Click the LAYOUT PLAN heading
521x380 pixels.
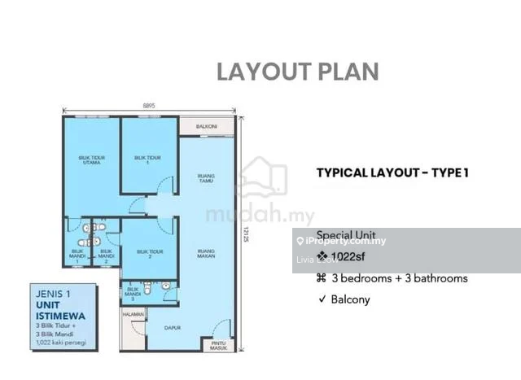298,71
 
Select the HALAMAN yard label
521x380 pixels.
133,312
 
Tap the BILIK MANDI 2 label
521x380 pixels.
106,254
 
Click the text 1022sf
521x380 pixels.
352,258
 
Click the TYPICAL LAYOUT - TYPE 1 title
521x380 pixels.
392,172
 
